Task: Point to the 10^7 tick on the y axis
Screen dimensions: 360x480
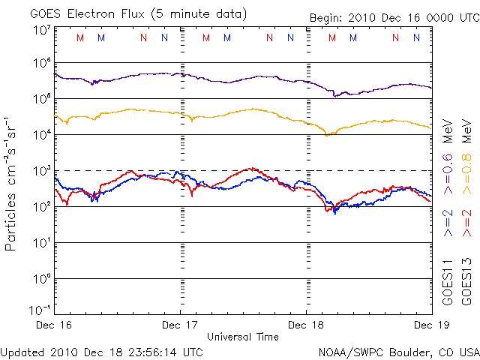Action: (40, 30)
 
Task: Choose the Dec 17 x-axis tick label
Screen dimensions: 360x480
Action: (181, 325)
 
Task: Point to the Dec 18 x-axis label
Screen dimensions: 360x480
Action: (306, 325)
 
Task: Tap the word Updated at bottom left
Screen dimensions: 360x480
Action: (22, 351)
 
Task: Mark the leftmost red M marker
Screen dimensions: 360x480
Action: (80, 37)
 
